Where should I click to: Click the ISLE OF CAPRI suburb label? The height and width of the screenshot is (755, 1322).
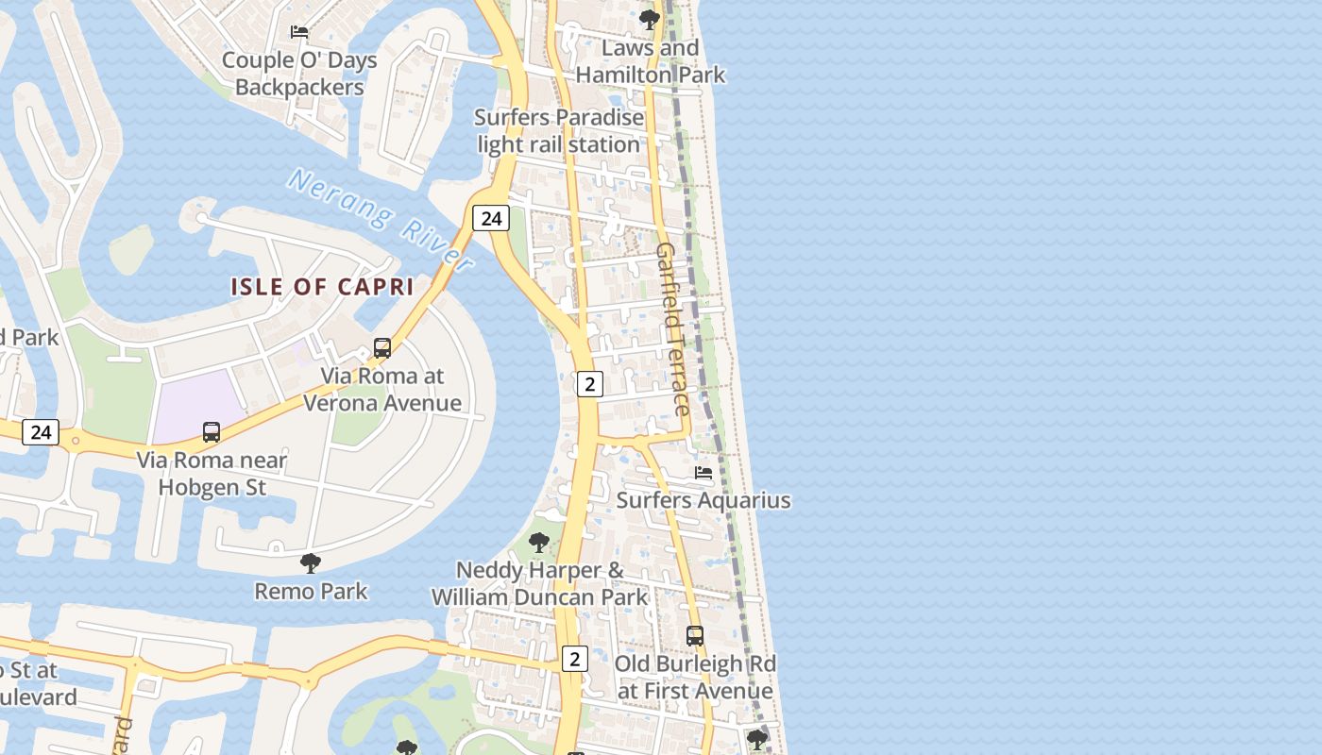322,287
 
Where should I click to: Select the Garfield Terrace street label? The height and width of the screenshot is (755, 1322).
672,328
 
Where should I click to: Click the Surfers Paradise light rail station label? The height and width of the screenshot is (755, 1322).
559,131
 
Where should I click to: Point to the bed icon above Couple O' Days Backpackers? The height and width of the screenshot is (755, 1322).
299,32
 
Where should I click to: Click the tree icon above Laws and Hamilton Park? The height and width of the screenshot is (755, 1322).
649,19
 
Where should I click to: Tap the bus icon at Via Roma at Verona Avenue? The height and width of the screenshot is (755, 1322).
382,347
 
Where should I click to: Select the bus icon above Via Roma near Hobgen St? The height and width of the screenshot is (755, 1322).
212,432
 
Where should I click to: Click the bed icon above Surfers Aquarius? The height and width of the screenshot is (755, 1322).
703,473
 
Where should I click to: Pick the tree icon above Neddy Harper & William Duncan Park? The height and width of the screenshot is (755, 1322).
539,543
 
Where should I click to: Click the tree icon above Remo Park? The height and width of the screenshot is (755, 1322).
310,564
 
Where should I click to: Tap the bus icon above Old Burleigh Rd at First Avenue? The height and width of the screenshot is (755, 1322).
695,636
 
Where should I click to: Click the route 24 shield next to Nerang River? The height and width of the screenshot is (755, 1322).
491,218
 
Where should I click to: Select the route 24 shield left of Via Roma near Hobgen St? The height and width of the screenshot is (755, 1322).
41,432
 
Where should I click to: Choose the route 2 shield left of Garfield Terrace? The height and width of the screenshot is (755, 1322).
590,383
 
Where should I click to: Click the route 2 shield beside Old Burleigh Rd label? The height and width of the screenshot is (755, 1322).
574,658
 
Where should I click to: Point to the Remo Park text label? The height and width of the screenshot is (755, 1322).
311,592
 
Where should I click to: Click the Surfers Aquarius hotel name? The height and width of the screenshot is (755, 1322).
703,500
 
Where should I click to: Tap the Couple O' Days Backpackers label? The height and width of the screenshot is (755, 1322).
299,74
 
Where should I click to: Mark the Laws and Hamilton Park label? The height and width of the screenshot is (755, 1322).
651,61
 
